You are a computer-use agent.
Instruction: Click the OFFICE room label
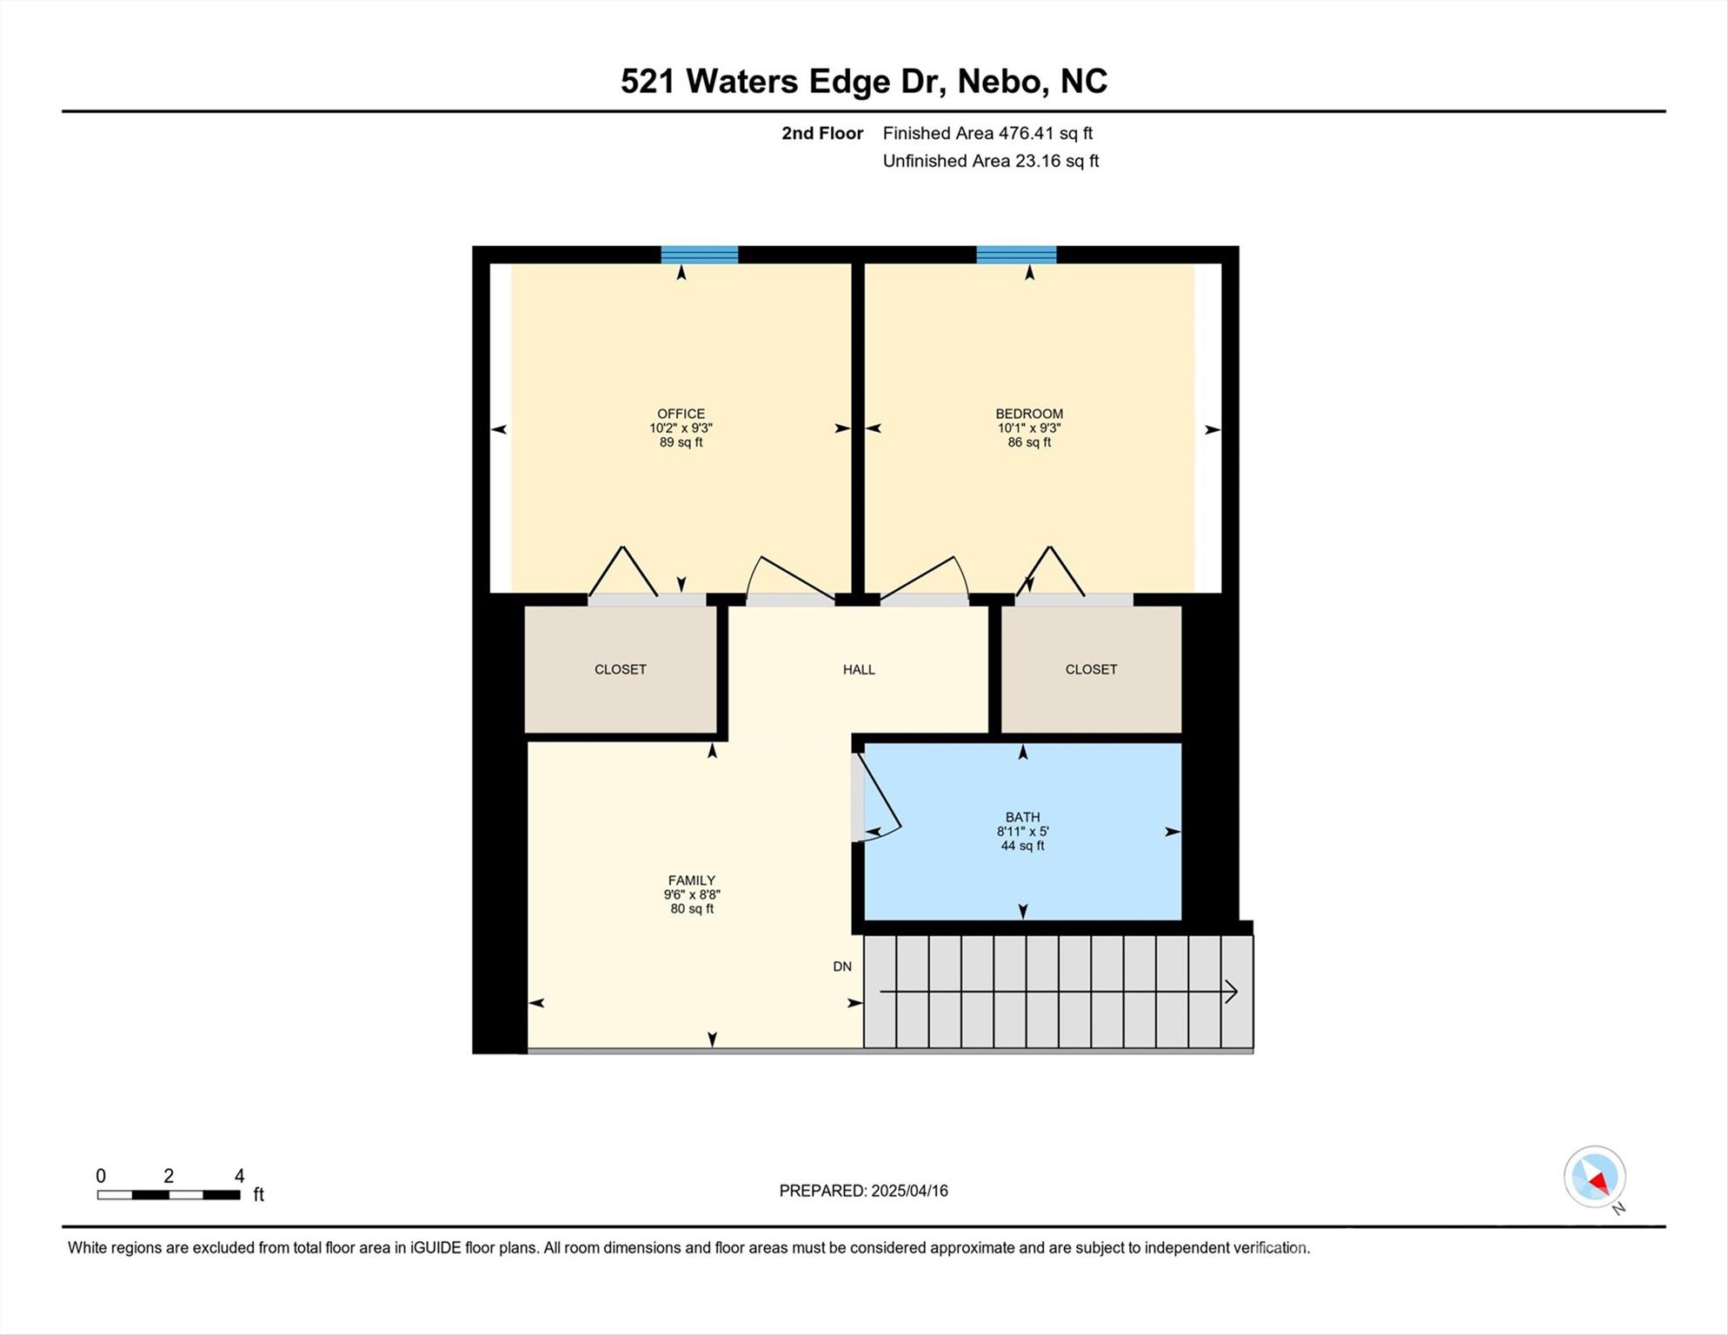[681, 414]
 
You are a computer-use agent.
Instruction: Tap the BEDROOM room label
[1029, 414]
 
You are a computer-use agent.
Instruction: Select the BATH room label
[1022, 817]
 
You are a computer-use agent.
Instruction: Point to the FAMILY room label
[691, 880]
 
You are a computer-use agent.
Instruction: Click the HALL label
[859, 669]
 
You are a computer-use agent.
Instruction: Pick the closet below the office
[621, 669]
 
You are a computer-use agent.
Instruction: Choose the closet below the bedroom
[1091, 669]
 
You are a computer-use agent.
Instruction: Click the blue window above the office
[700, 255]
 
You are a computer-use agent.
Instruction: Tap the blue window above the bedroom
[1016, 255]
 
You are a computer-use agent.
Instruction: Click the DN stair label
[842, 966]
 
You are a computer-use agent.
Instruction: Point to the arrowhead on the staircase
[1232, 992]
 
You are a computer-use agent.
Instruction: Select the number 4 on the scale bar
[240, 1176]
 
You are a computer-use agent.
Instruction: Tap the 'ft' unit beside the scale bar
[258, 1195]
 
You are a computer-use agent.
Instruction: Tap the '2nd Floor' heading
[822, 133]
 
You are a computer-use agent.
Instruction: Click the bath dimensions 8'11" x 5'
[1022, 831]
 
